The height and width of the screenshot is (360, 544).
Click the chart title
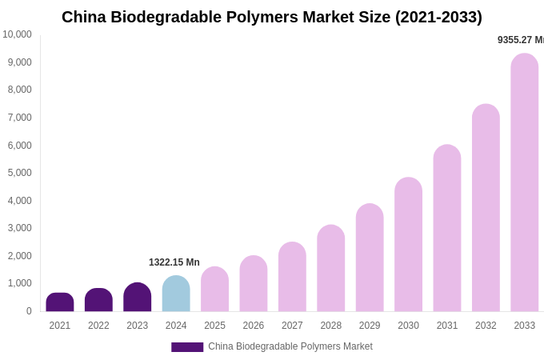(x=272, y=17)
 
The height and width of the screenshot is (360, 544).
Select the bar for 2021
(x=60, y=302)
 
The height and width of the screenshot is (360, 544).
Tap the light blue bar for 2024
(x=176, y=294)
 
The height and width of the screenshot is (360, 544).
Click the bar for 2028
(x=331, y=268)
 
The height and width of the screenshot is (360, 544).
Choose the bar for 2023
(x=138, y=297)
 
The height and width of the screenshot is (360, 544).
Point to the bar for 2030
(x=408, y=244)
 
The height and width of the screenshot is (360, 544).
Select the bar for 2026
(x=254, y=283)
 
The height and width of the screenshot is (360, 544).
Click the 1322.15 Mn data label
(x=174, y=262)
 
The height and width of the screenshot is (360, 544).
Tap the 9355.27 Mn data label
(x=520, y=40)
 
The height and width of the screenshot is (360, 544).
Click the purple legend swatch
(x=187, y=347)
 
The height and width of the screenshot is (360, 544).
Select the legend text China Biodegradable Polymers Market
(x=290, y=346)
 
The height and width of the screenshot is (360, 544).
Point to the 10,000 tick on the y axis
(x=17, y=34)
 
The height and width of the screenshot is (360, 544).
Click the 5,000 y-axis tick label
(x=20, y=173)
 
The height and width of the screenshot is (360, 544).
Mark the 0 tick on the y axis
(x=29, y=311)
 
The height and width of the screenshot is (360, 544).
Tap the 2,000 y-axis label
(x=20, y=256)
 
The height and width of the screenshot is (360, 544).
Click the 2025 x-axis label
(x=214, y=326)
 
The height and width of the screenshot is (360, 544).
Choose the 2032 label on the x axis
(x=486, y=326)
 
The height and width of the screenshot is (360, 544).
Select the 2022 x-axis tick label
(x=98, y=326)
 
